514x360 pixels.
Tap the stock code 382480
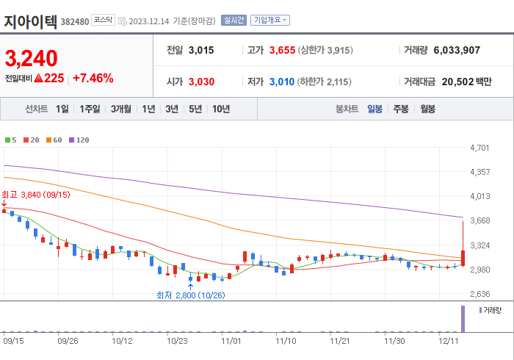click(75, 21)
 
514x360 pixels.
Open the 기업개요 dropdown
click(270, 21)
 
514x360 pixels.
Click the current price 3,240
click(31, 58)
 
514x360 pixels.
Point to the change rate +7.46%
click(93, 78)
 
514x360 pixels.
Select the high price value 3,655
click(281, 51)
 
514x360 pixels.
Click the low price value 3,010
click(281, 82)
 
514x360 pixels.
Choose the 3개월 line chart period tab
click(121, 109)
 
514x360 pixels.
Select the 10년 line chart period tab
click(221, 109)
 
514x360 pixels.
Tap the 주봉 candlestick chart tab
click(400, 109)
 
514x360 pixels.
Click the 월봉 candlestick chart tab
click(428, 109)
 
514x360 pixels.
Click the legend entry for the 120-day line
click(79, 140)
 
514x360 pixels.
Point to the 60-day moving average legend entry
click(54, 140)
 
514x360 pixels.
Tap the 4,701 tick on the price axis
click(479, 148)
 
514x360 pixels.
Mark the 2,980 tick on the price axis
click(479, 270)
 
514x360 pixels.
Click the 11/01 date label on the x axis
click(231, 341)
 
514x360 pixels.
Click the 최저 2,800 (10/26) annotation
click(190, 295)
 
